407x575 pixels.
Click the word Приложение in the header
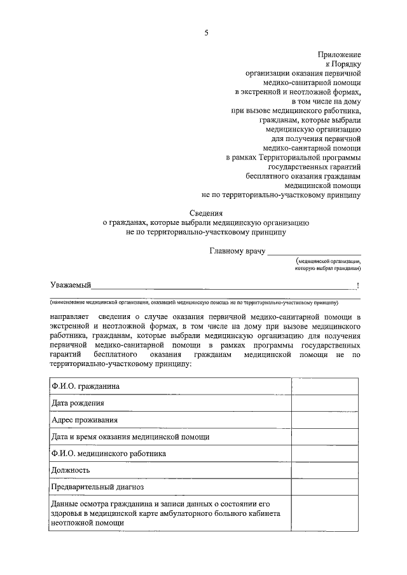point(340,55)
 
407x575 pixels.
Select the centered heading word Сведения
point(206,213)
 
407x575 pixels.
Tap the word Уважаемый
point(71,285)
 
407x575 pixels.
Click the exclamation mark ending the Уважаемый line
point(358,285)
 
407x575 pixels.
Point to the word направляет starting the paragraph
point(69,316)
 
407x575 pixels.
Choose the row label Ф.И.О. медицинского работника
point(108,454)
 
